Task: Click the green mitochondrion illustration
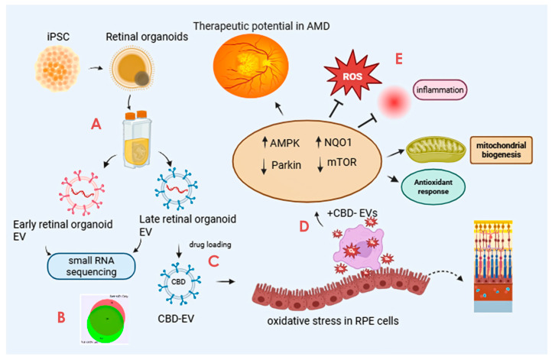[x=433, y=149]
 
